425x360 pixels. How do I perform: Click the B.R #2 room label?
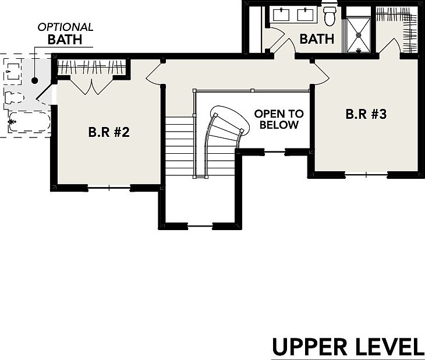click(108, 132)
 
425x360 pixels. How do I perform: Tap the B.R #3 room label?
click(366, 114)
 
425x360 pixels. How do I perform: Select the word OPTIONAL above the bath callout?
click(65, 27)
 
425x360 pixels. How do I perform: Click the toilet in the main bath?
click(330, 17)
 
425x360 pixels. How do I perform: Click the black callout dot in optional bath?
click(35, 80)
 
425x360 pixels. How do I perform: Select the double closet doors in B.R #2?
click(91, 87)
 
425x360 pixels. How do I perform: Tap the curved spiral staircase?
click(225, 131)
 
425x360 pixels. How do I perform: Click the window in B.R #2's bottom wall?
click(108, 187)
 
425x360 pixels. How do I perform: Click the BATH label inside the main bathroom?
click(317, 39)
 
